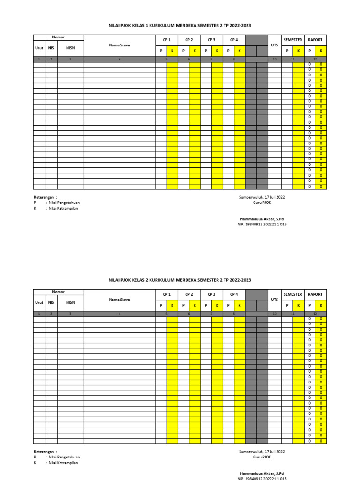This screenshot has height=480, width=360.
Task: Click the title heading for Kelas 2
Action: point(180,280)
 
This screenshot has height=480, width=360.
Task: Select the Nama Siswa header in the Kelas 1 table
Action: point(120,45)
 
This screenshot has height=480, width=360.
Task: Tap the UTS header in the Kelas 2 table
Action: point(275,299)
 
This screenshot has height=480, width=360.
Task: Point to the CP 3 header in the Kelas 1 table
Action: point(211,40)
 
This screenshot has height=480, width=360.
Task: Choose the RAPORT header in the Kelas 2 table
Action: point(315,295)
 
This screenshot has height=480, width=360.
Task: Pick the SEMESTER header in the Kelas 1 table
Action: point(292,40)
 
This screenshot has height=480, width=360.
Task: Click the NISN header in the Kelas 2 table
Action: point(70,303)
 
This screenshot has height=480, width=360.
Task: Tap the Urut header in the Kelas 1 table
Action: point(39,48)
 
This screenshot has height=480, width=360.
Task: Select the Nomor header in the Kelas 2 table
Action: point(59,292)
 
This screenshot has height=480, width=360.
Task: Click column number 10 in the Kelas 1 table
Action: point(275,60)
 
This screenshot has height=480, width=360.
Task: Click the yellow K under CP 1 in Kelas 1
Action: point(172,51)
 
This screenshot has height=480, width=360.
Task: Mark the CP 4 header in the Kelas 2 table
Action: point(234,295)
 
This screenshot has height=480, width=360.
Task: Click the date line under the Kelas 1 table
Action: point(262,197)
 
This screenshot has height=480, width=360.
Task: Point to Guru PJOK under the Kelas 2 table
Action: point(262,457)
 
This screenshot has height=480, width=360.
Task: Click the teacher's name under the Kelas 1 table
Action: point(262,219)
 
